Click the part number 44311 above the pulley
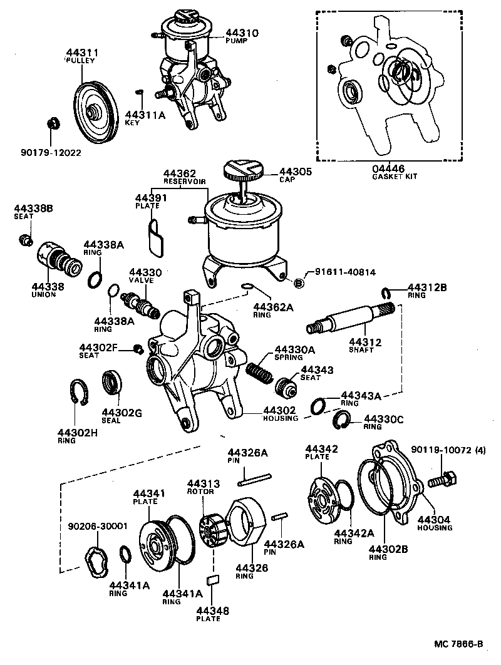coord(81,53)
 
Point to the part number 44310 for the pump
coord(242,33)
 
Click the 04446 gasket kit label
coord(386,168)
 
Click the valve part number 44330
coord(145,272)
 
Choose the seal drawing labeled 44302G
coord(112,383)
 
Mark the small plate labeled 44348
coord(212,579)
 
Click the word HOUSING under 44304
coord(435,528)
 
